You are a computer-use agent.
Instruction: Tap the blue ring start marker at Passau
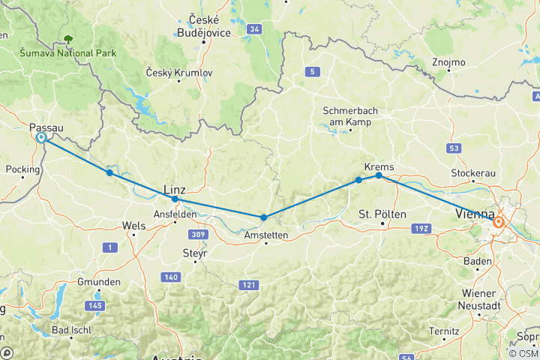click(41, 138)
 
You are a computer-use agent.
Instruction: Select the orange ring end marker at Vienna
click(498, 222)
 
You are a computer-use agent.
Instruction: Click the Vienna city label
click(474, 216)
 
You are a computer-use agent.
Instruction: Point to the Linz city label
click(174, 190)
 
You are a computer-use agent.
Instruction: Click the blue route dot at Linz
click(175, 199)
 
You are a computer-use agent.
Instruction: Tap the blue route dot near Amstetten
click(264, 217)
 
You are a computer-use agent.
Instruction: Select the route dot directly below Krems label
click(379, 175)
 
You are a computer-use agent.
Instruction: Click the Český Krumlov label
click(181, 73)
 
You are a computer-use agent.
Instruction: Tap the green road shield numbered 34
click(255, 29)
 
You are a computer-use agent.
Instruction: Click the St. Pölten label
click(382, 214)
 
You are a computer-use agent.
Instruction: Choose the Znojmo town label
click(449, 61)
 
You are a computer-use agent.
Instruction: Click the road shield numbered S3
click(452, 149)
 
